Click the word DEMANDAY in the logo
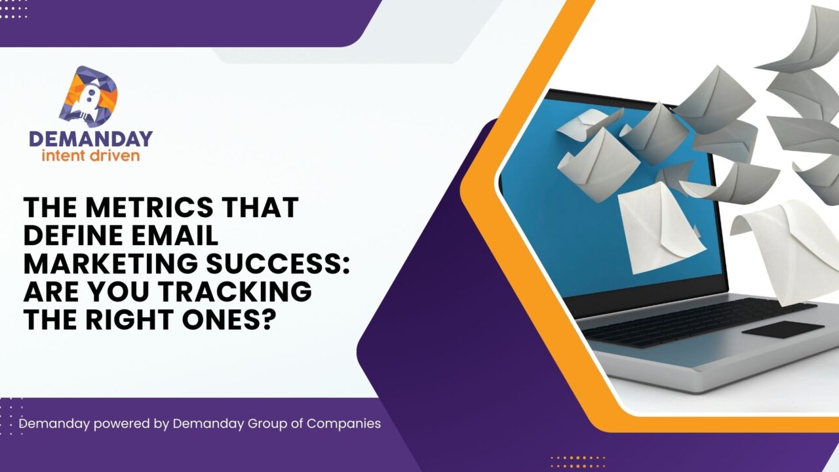point(90,139)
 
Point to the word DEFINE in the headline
point(70,235)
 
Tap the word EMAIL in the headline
point(171,235)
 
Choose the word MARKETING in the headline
point(110,264)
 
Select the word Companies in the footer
point(344,424)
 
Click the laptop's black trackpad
point(783,330)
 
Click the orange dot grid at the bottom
point(577,462)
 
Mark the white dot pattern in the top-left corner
point(13,9)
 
